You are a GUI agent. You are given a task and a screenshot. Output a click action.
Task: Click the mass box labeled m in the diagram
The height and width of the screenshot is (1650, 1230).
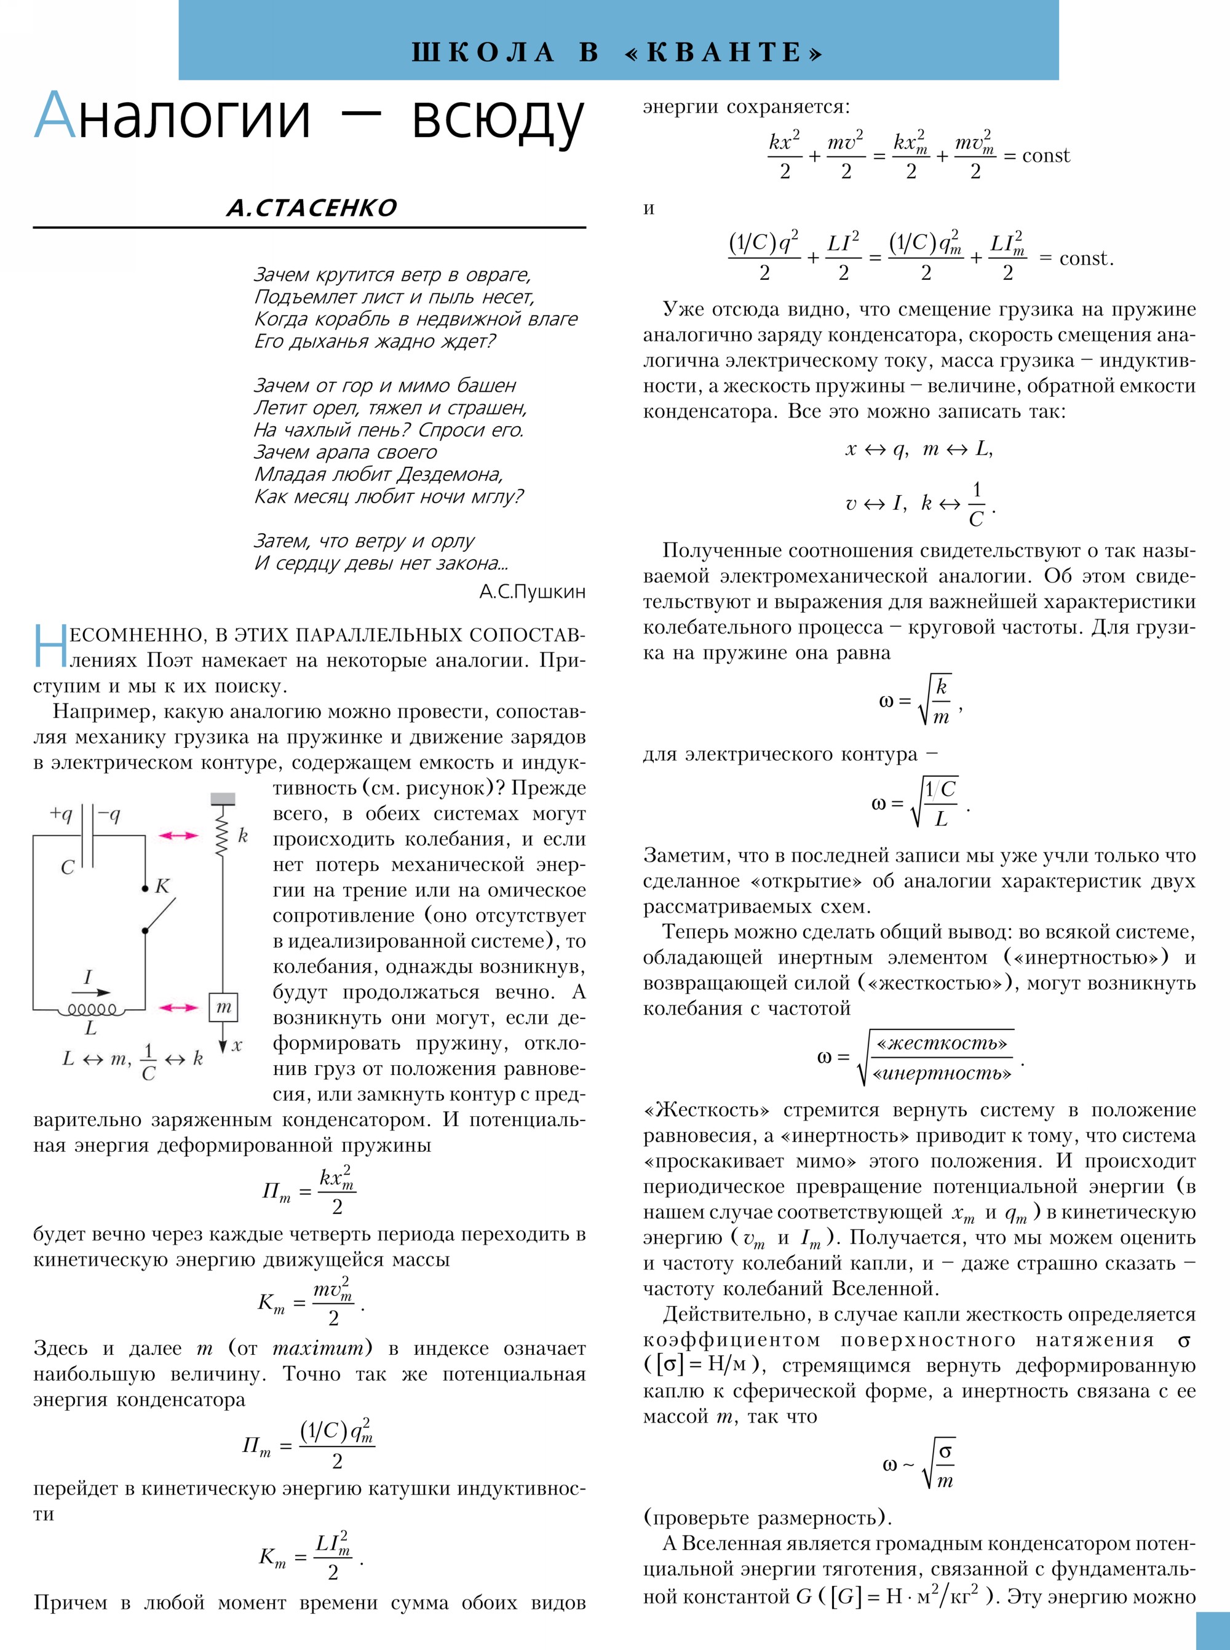point(223,1007)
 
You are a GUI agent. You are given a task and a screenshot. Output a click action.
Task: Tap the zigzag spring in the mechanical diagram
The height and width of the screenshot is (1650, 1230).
point(222,834)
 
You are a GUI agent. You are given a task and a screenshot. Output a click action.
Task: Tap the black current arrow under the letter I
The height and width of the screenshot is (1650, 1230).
point(92,993)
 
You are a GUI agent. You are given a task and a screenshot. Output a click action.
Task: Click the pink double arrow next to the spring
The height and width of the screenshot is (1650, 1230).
point(179,835)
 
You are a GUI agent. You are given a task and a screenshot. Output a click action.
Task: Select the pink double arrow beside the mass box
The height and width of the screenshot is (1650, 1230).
point(179,1007)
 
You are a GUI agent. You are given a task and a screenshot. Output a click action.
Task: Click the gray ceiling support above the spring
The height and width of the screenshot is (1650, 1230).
point(223,799)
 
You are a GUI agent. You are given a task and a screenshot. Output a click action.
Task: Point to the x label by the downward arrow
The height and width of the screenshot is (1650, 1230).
point(237,1045)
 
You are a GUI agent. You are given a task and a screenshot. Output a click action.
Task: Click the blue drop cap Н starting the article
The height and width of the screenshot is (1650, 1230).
point(50,646)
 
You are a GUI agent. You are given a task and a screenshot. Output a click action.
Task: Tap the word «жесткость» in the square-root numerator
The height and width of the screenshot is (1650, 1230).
point(941,1044)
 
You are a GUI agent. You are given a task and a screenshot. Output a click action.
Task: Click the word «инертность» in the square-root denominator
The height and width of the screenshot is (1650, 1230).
point(941,1074)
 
